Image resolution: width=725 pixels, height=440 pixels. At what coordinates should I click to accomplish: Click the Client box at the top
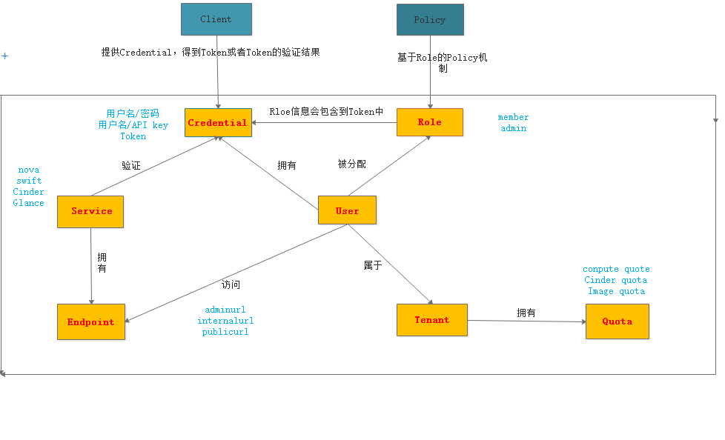216,19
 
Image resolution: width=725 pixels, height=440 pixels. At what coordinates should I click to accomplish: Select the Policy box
430,20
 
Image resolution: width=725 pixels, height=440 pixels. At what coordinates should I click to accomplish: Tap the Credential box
218,123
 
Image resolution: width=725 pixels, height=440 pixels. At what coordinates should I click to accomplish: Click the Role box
429,122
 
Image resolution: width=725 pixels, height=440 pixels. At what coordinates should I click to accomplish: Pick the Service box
90,212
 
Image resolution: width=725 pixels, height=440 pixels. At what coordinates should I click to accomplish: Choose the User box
347,210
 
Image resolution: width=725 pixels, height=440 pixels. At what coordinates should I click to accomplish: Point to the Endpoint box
91,322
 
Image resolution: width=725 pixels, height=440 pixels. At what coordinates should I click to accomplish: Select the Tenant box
431,320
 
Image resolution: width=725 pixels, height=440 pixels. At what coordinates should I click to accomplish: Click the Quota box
617,321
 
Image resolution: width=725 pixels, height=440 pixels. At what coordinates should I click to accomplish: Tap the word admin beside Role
513,129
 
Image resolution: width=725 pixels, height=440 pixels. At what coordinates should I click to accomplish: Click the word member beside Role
513,118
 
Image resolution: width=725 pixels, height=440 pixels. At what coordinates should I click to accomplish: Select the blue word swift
29,181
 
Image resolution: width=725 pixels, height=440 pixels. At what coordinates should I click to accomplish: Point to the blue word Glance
29,203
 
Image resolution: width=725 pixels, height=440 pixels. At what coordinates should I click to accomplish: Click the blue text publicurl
225,333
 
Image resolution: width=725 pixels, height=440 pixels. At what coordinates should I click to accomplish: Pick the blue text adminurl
225,310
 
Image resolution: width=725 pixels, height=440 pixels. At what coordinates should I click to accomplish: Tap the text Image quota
616,291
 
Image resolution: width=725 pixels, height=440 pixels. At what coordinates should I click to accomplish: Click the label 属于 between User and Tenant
372,265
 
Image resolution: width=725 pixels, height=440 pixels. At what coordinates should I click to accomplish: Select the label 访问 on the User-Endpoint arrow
231,284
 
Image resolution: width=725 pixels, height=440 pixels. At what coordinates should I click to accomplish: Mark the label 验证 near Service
131,166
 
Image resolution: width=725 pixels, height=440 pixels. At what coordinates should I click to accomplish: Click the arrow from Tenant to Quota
526,321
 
